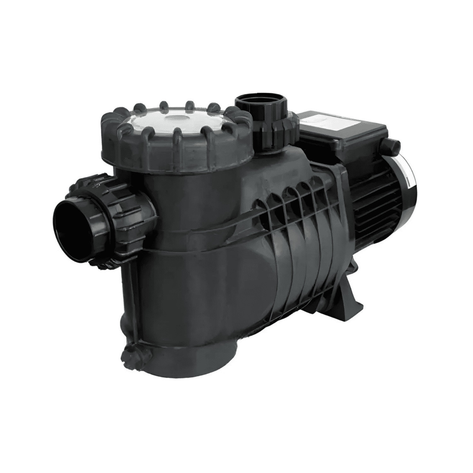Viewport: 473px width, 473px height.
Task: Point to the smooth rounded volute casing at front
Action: [246, 284]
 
